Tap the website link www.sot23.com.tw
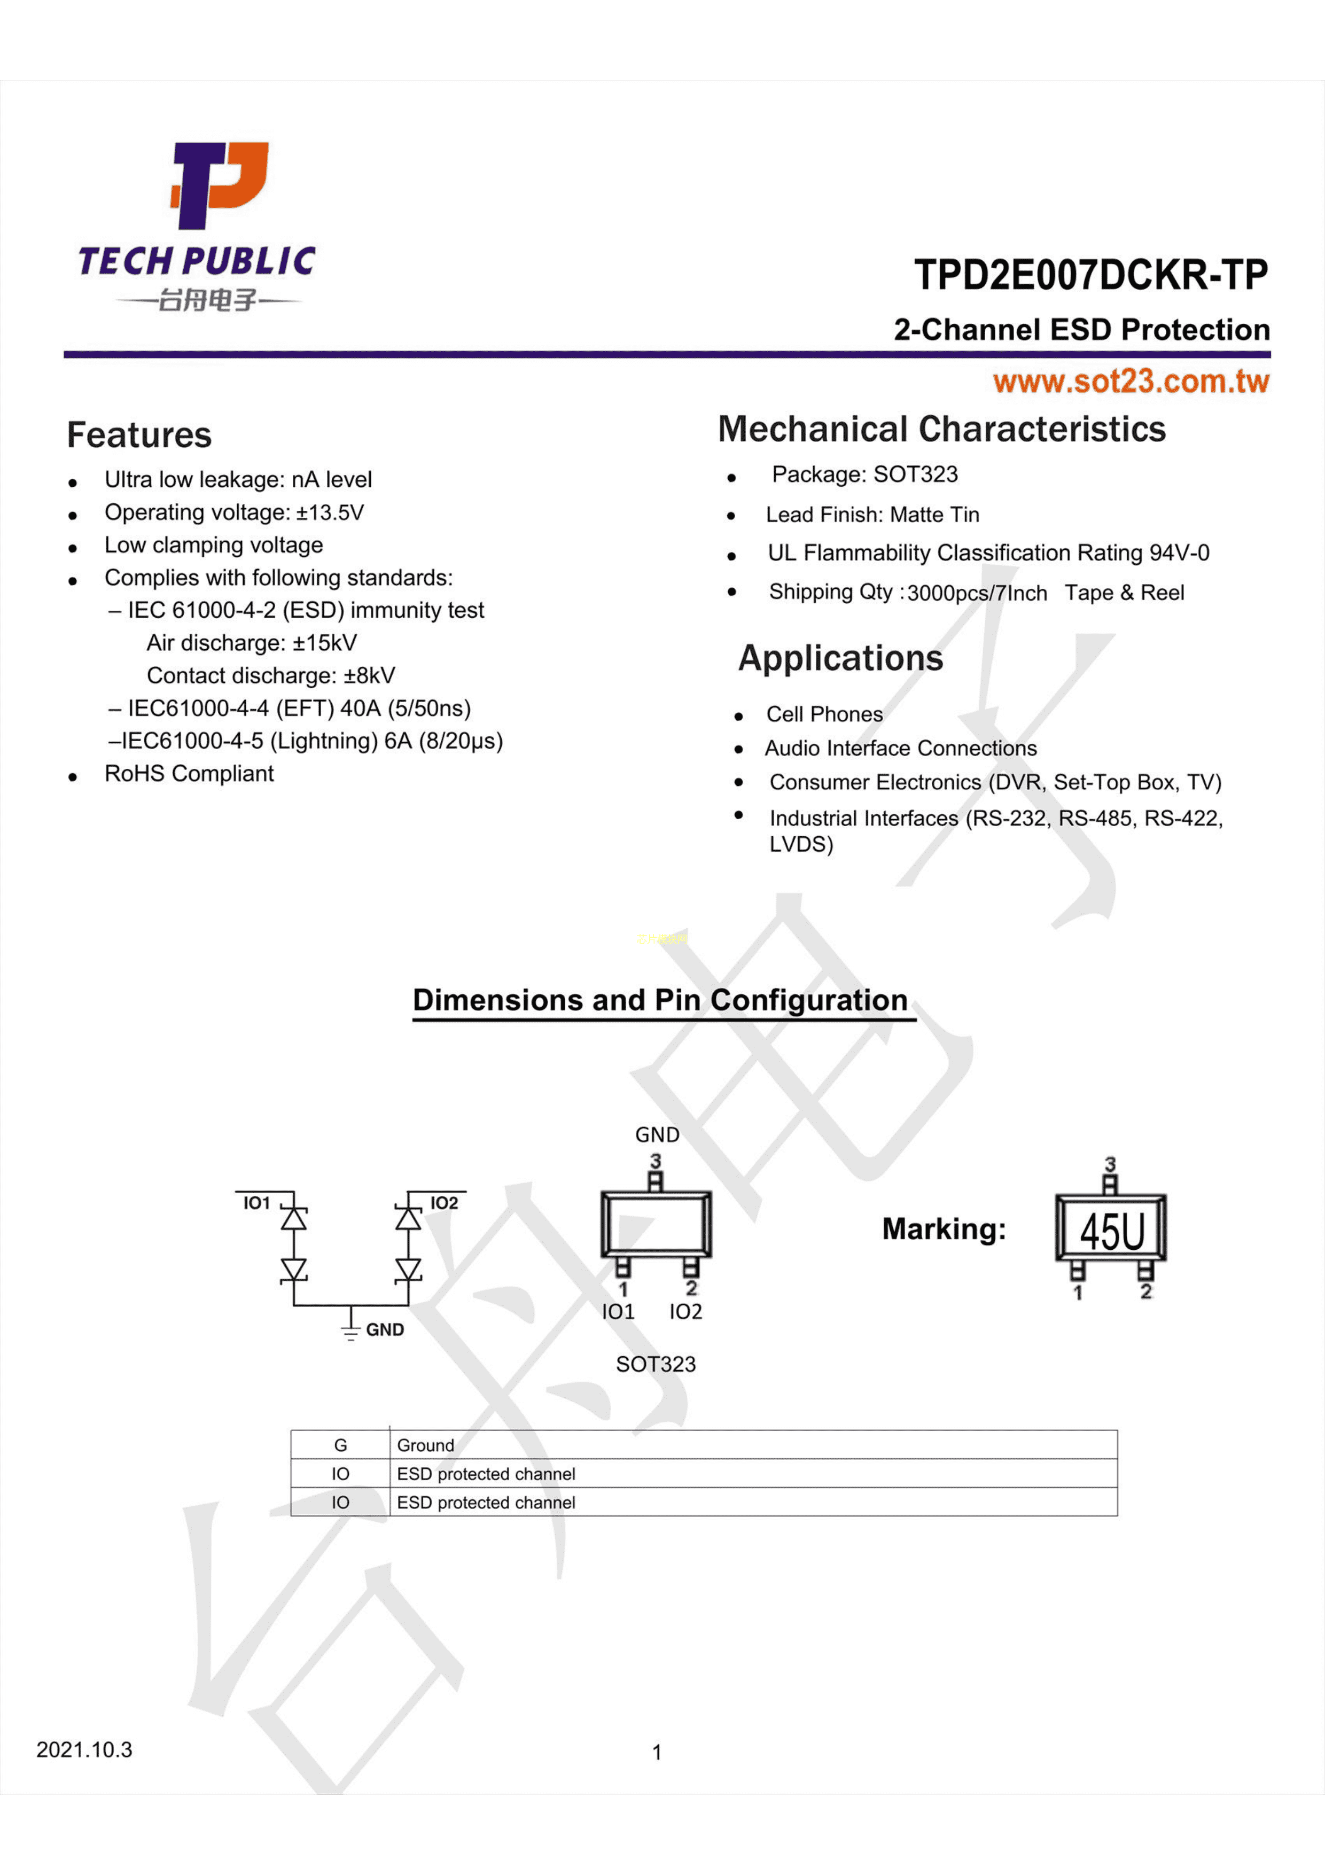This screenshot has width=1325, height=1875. pos(1131,382)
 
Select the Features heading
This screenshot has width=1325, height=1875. pos(139,434)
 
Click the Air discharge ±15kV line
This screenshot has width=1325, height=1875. pos(252,643)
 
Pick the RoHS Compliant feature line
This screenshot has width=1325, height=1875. pos(189,773)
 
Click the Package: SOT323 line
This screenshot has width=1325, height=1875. pos(864,474)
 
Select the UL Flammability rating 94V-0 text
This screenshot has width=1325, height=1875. pos(988,553)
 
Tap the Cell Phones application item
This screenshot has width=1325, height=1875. pos(824,714)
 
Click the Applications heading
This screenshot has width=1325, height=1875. pos(840,658)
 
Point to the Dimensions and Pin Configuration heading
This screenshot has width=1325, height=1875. pos(660,1000)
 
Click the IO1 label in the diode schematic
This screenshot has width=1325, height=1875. pos(256,1203)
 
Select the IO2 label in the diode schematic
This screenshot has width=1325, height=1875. pos(444,1203)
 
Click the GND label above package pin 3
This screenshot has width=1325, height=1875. pos(657,1134)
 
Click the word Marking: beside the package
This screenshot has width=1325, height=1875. pos(944,1229)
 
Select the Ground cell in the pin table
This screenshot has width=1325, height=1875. pos(425,1445)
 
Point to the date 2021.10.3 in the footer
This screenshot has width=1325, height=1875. pos(84,1750)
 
